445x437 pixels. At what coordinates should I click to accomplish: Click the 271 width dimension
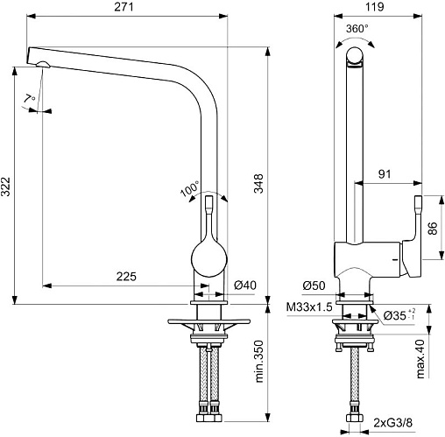coord(124,6)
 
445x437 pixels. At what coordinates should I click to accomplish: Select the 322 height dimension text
coord(6,187)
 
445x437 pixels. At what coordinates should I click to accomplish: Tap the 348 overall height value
coord(258,183)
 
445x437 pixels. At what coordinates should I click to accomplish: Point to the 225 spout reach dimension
coord(126,276)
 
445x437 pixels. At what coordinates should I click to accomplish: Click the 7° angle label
coord(29,98)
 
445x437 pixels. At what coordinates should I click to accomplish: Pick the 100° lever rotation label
coord(190,188)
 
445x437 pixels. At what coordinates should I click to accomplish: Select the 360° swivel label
coord(357,29)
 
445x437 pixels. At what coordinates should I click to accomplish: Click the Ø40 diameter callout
coord(245,285)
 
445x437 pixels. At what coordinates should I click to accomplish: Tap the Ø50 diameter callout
coord(314,285)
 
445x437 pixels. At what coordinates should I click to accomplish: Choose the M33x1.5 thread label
coord(309,307)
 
